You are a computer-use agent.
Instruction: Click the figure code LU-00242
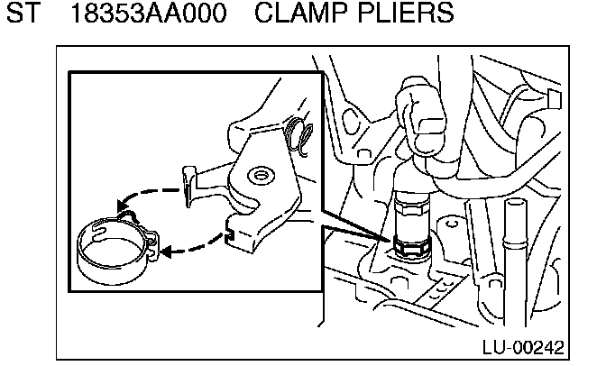click(536, 346)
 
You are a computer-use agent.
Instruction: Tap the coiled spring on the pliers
click(299, 137)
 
